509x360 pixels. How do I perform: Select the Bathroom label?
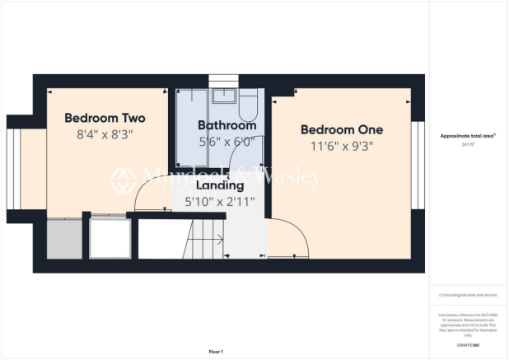226,125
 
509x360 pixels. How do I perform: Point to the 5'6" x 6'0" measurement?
226,141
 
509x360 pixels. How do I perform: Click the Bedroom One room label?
341,129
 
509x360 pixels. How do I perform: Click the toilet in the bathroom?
248,106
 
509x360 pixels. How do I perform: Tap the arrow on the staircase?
217,241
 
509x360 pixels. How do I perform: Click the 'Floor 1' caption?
216,350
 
